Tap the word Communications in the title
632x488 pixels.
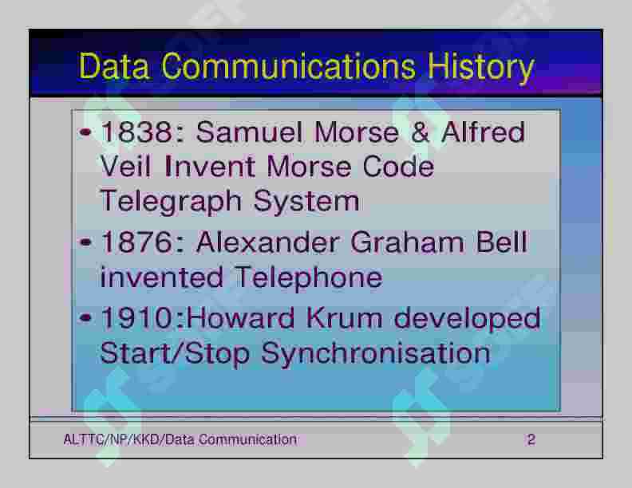click(x=288, y=65)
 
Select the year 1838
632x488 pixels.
click(x=137, y=132)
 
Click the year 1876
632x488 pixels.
click(x=137, y=242)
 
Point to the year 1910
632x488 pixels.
click(x=137, y=317)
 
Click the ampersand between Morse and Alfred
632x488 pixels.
click(x=420, y=132)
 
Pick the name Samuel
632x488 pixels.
click(x=249, y=132)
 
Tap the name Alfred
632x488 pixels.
click(x=483, y=132)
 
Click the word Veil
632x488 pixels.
click(x=125, y=167)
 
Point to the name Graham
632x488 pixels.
click(x=407, y=242)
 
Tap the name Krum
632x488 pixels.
click(x=344, y=317)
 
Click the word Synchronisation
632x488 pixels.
click(x=376, y=354)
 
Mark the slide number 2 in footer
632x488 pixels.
click(x=531, y=439)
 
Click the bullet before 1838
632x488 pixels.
click(x=85, y=132)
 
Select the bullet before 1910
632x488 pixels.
click(x=85, y=318)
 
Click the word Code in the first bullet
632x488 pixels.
click(x=398, y=167)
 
